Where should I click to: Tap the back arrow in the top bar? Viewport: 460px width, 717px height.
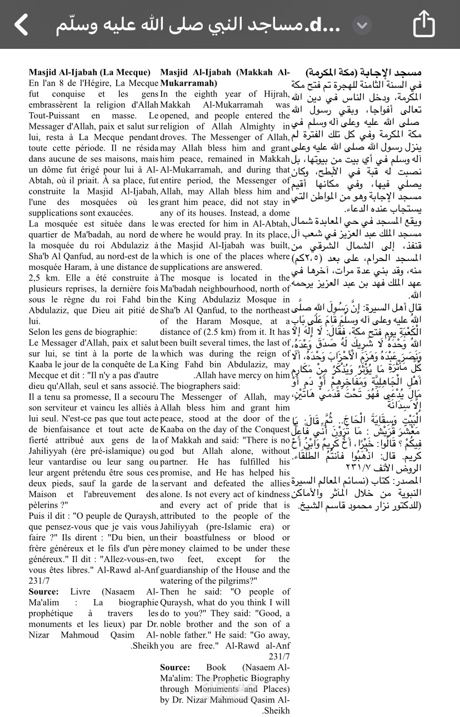[x=21, y=25]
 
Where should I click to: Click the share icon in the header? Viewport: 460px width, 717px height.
[x=424, y=24]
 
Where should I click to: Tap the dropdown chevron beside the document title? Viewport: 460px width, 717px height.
[x=362, y=25]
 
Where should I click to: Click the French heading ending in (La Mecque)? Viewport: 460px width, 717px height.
[x=89, y=72]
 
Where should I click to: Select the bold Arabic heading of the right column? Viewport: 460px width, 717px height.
[x=363, y=72]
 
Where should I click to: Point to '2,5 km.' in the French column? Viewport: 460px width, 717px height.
[x=43, y=278]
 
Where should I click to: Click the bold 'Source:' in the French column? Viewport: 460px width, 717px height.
[x=43, y=591]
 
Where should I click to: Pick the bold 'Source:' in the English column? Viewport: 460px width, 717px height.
[x=175, y=667]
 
